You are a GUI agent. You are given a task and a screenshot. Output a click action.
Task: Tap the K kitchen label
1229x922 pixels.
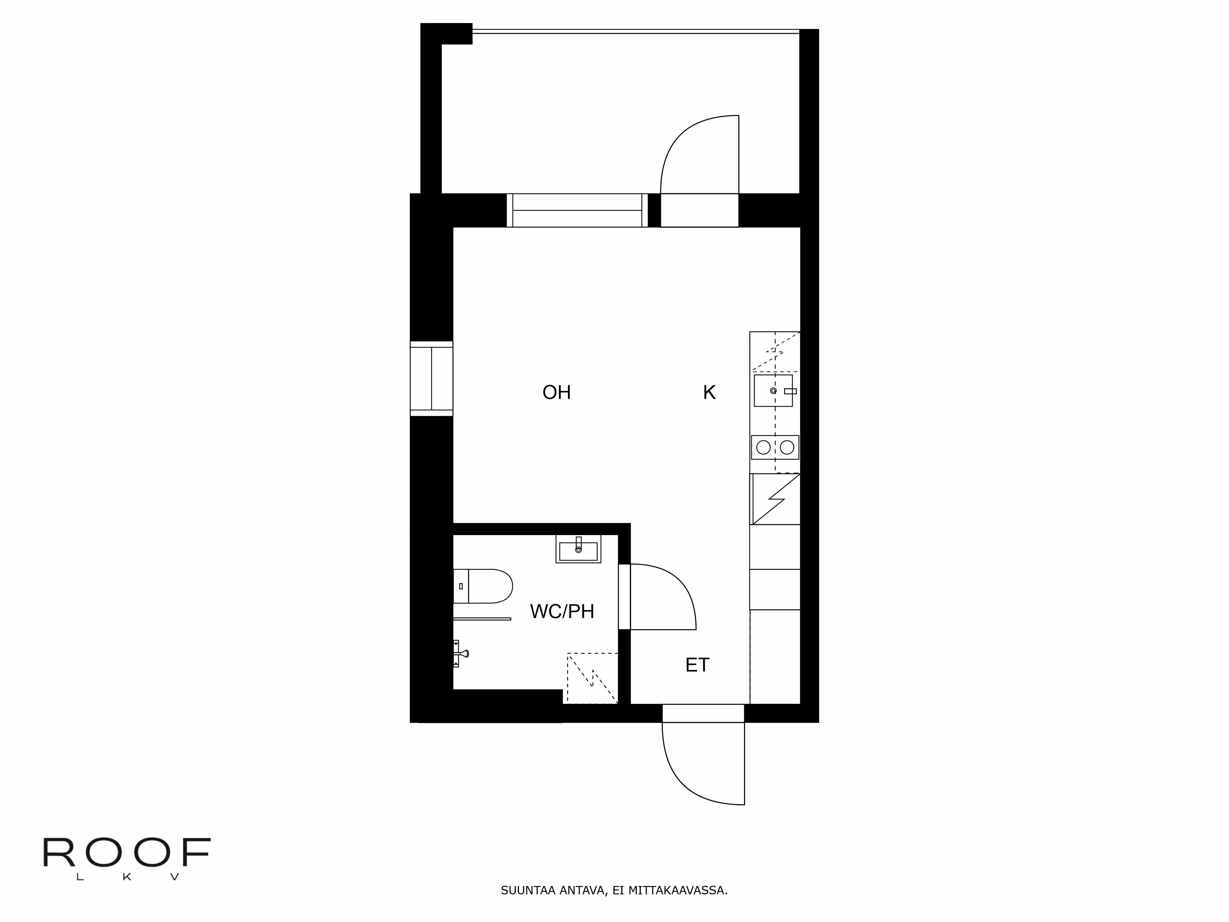(x=709, y=392)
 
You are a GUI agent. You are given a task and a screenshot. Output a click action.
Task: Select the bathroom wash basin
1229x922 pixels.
(x=578, y=550)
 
